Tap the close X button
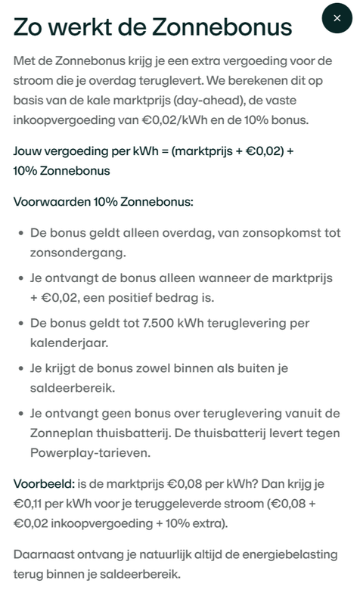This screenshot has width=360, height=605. click(337, 17)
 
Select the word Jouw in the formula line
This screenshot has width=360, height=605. click(29, 151)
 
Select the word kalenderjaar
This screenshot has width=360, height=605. click(73, 343)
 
